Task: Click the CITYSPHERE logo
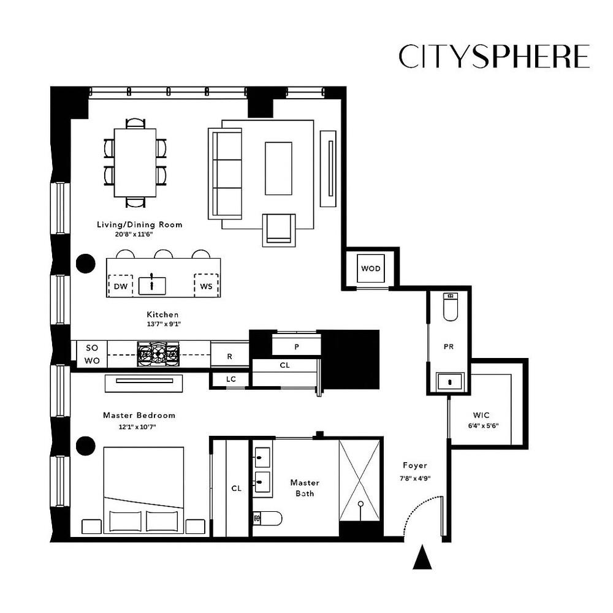(493, 56)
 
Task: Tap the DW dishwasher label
(120, 286)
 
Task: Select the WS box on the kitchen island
(206, 286)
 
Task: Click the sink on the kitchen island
(151, 285)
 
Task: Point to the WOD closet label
(370, 268)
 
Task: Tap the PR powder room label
(448, 346)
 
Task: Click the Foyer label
(415, 465)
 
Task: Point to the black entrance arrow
(421, 558)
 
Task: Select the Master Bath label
(305, 487)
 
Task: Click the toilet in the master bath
(268, 519)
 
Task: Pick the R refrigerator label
(229, 356)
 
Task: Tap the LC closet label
(230, 379)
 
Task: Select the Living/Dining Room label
(140, 224)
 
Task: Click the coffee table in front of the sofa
(278, 168)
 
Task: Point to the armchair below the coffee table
(279, 230)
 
